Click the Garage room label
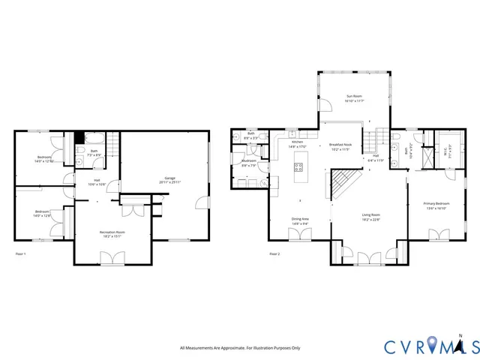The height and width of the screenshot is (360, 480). [x=166, y=180]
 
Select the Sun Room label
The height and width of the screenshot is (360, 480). [x=354, y=97]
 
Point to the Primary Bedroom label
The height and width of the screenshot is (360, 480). [x=437, y=205]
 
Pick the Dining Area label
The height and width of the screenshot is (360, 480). [x=300, y=220]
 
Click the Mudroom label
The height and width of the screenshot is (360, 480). [x=250, y=163]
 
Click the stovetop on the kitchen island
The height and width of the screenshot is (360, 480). [x=298, y=180]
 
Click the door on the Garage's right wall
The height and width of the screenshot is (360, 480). [x=200, y=201]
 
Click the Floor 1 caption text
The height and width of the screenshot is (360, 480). [x=21, y=255]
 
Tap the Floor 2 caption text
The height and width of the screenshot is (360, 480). [x=274, y=255]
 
